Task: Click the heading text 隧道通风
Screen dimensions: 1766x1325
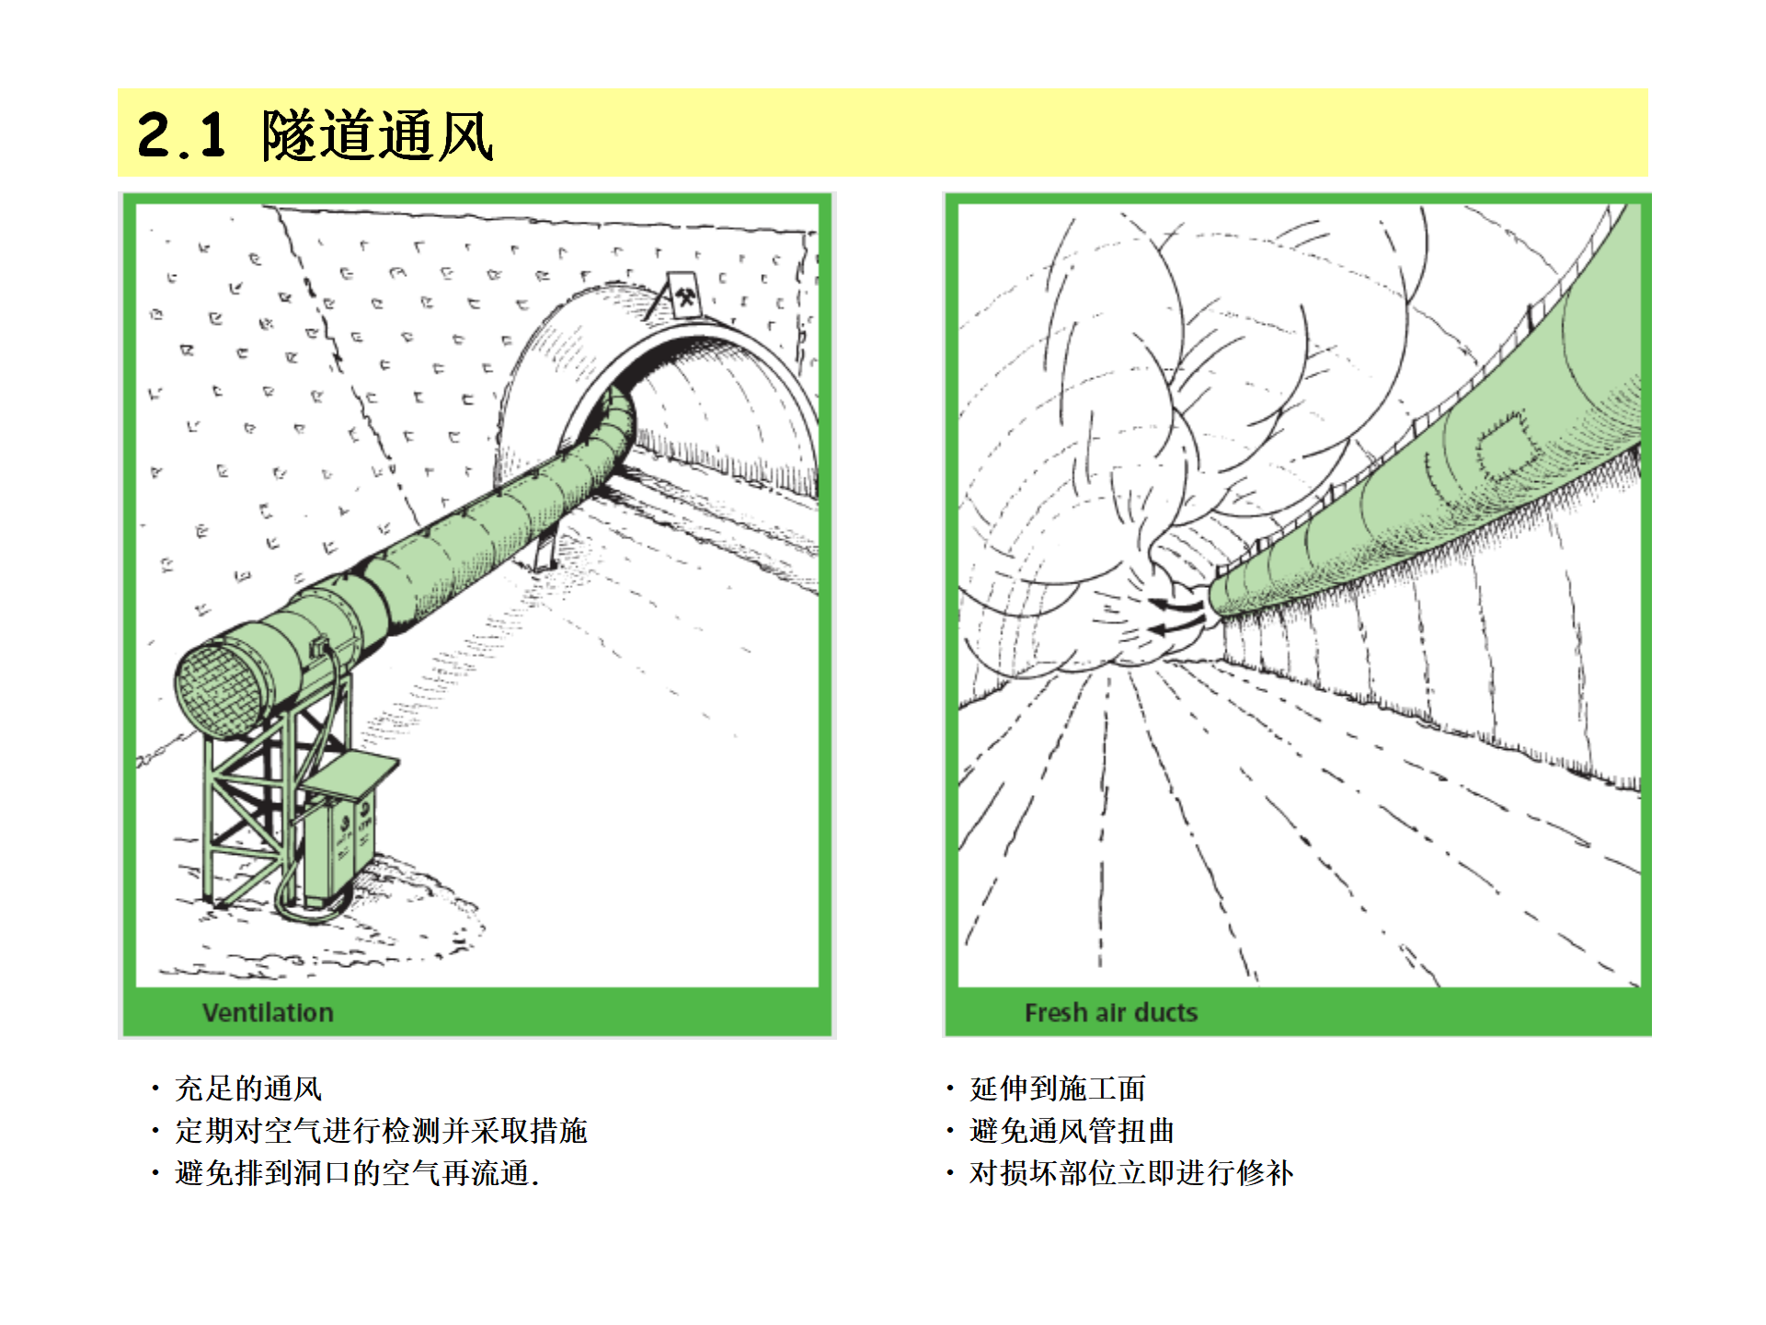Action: (x=377, y=135)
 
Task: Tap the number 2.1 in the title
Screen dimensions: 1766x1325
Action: (x=181, y=135)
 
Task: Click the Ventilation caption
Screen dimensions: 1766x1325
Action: (x=268, y=1012)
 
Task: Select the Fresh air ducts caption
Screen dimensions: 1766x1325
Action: (x=1111, y=1012)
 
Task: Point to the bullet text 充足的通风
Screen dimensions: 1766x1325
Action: (x=248, y=1089)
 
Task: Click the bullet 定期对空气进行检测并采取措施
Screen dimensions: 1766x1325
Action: (x=381, y=1131)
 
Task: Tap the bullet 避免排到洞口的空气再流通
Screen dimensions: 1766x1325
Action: (x=357, y=1173)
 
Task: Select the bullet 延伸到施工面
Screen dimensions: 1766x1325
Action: (x=1058, y=1089)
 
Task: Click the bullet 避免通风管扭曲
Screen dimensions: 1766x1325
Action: (x=1072, y=1131)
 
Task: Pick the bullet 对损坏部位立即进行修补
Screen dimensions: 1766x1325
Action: (x=1131, y=1173)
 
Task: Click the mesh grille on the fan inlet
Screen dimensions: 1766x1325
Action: (x=219, y=690)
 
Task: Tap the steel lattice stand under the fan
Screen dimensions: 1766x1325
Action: (x=267, y=801)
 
